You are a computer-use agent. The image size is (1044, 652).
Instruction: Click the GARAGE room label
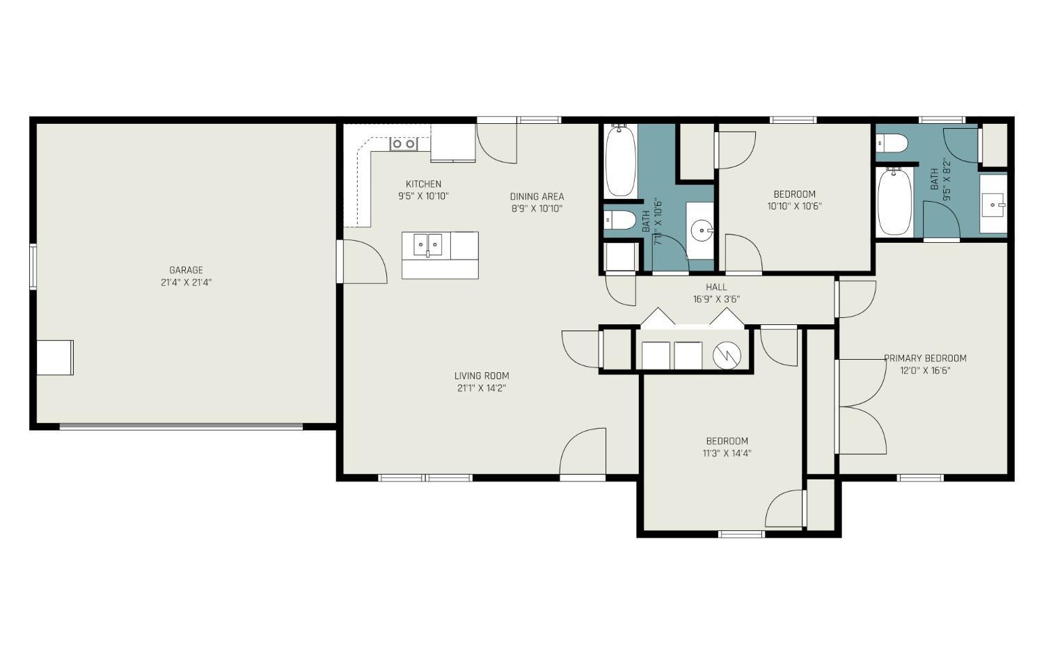186,270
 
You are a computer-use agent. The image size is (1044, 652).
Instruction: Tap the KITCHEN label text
423,184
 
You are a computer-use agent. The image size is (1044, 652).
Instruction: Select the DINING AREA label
537,197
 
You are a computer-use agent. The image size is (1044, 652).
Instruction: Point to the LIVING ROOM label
482,376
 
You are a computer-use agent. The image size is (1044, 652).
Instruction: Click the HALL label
716,287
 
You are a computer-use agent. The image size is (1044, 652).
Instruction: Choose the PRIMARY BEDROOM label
925,358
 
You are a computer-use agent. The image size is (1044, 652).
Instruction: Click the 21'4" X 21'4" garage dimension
186,283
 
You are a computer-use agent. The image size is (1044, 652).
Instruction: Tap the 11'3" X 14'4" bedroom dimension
727,453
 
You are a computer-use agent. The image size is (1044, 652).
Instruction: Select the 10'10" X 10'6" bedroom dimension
794,206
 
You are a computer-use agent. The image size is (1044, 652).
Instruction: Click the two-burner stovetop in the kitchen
404,144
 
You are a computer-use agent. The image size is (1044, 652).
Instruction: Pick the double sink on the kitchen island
427,245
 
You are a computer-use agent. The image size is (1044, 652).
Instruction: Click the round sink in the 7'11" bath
702,230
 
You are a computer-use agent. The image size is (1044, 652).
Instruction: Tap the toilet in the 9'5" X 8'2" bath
892,143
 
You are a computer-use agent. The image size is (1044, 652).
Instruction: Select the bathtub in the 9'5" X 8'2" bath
894,201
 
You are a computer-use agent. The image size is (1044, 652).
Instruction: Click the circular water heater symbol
727,356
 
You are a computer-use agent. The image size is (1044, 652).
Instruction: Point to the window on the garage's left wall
33,267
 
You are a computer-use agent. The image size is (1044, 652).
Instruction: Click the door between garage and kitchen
362,262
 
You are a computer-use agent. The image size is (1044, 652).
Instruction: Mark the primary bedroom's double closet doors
862,407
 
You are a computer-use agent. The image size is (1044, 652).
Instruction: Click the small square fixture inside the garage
55,358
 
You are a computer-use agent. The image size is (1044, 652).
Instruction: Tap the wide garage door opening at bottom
181,426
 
